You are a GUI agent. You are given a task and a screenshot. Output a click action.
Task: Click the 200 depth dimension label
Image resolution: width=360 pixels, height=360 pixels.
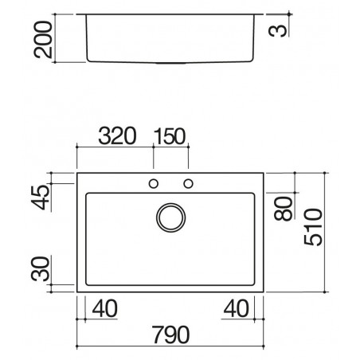pyautogui.click(x=43, y=40)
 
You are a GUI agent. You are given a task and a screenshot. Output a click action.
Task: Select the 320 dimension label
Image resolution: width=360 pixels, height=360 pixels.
pyautogui.click(x=117, y=136)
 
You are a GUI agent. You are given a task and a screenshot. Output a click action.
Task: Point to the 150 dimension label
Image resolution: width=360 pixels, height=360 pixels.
pyautogui.click(x=170, y=136)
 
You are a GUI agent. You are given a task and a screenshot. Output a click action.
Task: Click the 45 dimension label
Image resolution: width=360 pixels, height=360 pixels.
pyautogui.click(x=41, y=198)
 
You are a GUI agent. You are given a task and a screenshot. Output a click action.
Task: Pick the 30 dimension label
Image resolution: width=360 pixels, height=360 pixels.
pyautogui.click(x=41, y=268)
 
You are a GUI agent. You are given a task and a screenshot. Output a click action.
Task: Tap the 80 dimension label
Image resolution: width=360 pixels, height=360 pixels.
pyautogui.click(x=284, y=209)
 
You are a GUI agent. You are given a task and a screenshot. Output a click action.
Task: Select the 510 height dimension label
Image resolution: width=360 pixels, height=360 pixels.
pyautogui.click(x=313, y=227)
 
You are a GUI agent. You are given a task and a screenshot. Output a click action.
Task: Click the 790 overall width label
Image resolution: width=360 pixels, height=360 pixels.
pyautogui.click(x=171, y=335)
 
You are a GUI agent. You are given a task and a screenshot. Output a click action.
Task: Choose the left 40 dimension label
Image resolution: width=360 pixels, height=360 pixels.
pyautogui.click(x=104, y=308)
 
